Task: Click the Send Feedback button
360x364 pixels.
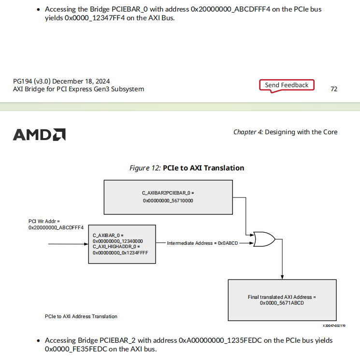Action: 287,85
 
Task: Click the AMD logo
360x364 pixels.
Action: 39,134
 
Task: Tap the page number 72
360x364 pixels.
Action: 333,89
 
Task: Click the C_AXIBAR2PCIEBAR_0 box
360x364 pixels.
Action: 168,196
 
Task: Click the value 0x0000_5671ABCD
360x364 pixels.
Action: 282,303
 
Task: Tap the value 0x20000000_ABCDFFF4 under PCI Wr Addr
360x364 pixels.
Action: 56,227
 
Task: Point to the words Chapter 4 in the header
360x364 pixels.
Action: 248,132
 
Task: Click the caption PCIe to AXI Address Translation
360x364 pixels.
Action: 81,316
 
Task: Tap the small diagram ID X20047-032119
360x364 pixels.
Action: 334,326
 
